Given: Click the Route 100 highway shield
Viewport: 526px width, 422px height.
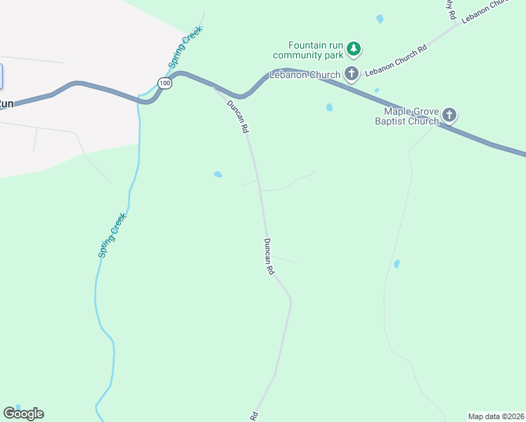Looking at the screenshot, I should point(165,84).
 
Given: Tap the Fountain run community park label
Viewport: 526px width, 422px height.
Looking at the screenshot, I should point(309,49).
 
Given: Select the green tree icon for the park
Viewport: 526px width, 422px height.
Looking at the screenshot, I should point(355,49).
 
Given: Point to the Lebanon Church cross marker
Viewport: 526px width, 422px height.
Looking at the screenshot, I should point(352,73).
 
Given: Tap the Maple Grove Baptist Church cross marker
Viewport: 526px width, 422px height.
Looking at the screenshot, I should point(449,115).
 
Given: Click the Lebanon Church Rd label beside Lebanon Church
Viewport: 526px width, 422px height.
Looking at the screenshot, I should point(397,60).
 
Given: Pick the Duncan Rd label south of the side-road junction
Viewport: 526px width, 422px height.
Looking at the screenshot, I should point(269,256).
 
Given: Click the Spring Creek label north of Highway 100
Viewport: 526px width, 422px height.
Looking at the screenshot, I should point(186,47).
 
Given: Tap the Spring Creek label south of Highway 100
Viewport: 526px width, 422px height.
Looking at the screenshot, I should point(111,235).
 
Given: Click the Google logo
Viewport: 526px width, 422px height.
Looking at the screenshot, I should point(23,414).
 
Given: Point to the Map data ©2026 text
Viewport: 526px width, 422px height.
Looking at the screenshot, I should point(496,416).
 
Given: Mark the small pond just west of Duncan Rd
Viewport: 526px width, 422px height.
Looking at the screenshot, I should point(218,174).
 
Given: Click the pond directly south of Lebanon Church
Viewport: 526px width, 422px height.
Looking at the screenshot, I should point(329,108).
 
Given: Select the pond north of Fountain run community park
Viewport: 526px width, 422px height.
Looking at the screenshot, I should point(380,19).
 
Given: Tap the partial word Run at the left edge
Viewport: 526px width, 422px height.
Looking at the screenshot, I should point(6,103).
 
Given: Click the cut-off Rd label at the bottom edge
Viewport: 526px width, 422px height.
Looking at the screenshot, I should point(255,416).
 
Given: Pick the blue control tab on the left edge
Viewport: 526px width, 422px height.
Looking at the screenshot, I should point(1,76).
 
